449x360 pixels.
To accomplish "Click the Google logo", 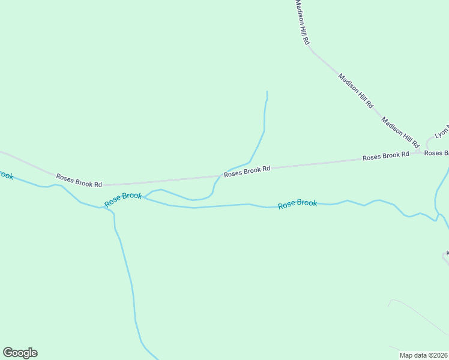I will (20, 353).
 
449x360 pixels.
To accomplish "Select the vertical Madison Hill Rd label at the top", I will (301, 22).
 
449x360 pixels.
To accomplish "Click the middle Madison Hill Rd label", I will (355, 91).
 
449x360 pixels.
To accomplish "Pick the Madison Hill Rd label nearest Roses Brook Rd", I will (400, 132).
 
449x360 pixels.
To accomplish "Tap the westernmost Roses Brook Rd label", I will (79, 180).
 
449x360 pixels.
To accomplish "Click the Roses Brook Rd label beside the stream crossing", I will (247, 172).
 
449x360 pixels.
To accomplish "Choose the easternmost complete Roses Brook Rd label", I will (385, 156).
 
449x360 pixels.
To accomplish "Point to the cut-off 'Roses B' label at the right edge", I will (436, 153).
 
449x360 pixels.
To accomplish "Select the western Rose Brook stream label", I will (123, 200).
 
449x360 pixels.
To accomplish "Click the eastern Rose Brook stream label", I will (297, 204).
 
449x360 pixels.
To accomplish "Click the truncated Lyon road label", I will (442, 132).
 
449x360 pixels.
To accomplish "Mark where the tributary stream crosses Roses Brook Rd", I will (221, 176).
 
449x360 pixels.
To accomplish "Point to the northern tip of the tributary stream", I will (267, 92).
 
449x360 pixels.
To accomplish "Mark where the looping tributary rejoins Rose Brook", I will (145, 197).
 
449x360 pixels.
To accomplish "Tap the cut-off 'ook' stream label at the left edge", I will (5, 175).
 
